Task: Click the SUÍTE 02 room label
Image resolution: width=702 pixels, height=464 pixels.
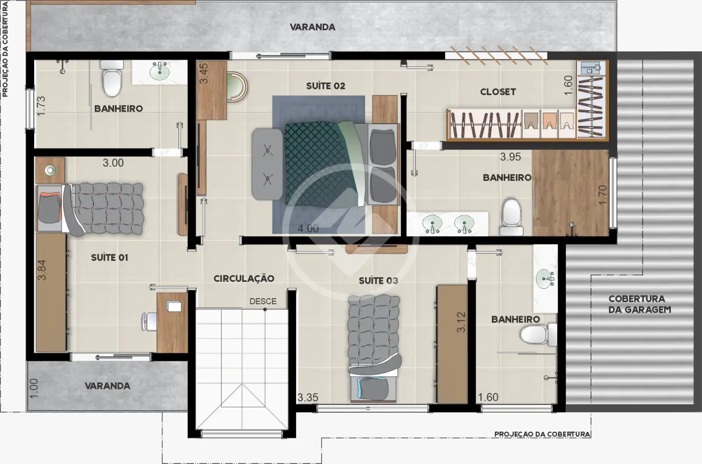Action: click(325, 86)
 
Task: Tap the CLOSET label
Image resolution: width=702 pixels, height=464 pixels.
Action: click(498, 92)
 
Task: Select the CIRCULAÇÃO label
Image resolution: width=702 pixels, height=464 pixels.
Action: click(244, 278)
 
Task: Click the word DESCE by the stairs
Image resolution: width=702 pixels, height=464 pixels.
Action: click(263, 301)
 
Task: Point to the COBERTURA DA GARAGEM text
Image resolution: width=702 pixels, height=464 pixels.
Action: click(640, 304)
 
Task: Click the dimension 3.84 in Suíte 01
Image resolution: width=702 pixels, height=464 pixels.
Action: click(42, 270)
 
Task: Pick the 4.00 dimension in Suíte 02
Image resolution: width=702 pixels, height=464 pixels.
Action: click(308, 228)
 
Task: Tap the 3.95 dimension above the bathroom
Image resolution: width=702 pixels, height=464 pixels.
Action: click(511, 157)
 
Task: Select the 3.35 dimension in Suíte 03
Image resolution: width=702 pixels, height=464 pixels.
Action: click(308, 397)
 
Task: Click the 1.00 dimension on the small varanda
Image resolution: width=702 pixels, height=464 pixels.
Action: click(33, 389)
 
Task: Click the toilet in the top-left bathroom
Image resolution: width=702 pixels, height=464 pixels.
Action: click(112, 79)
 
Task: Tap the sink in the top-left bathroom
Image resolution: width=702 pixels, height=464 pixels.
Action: click(160, 71)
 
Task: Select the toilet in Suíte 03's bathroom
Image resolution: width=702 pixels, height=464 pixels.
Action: click(538, 335)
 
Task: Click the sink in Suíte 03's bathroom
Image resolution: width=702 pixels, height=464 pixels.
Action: click(545, 278)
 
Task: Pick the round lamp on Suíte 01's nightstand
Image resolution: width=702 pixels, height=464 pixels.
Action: click(50, 170)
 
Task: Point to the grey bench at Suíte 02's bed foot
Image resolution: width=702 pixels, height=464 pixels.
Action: click(268, 164)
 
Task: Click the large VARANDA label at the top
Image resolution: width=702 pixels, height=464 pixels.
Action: click(312, 27)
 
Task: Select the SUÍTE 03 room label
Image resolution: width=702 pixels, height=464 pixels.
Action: click(378, 280)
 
